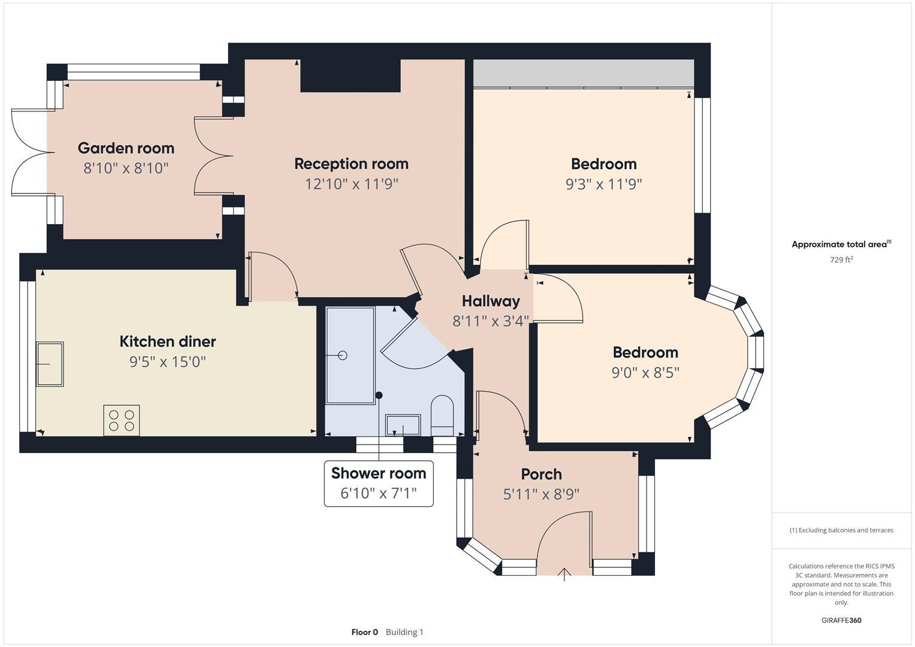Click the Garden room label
126,148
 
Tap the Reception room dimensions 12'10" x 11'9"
351,184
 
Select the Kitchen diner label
167,341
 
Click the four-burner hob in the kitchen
122,420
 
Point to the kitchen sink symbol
50,364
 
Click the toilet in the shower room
442,415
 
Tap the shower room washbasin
403,425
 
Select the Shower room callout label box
378,483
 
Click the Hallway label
490,301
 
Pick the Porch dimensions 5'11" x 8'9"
541,494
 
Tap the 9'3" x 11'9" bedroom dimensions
603,184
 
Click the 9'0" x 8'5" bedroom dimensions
645,373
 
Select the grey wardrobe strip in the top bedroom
583,73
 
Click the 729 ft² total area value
841,260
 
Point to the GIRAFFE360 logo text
841,620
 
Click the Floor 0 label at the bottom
364,632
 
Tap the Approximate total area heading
841,244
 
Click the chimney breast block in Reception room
350,75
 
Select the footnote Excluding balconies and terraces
841,530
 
